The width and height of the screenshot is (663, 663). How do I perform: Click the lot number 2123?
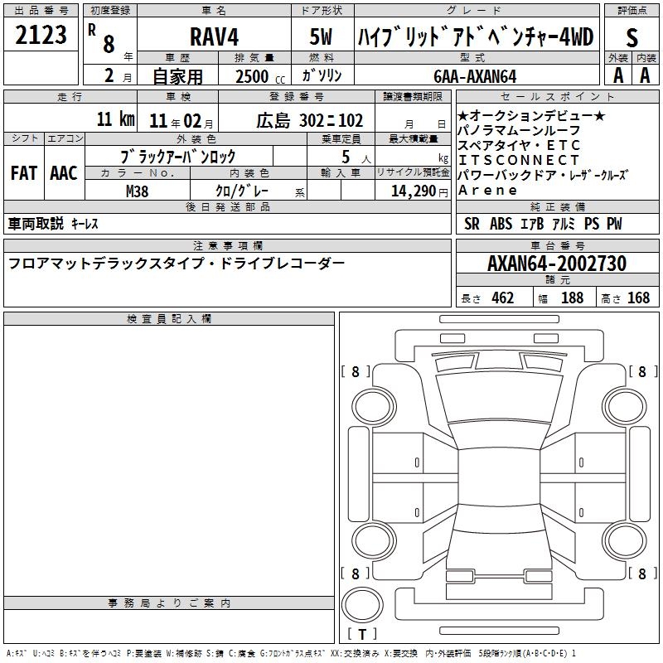(41, 35)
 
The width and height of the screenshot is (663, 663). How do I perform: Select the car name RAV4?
(215, 36)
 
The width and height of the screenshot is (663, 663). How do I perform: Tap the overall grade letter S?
(632, 37)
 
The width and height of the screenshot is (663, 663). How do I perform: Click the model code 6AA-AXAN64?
(475, 76)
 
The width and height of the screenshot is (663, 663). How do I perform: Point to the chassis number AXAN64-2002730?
(557, 264)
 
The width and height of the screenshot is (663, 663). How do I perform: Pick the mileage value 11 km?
(116, 119)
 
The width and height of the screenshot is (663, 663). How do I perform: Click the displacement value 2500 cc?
(260, 76)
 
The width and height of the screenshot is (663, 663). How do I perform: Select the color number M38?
(138, 191)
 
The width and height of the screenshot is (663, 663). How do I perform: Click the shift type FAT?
(24, 173)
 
